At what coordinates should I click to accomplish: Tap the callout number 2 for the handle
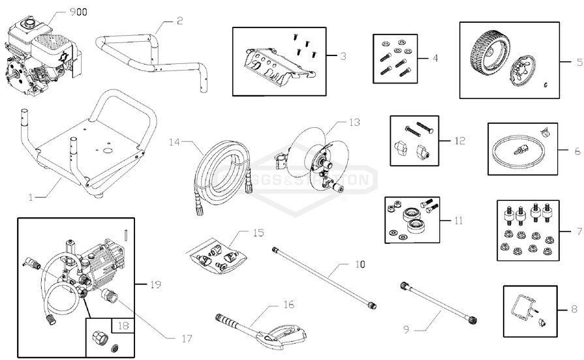point(179,21)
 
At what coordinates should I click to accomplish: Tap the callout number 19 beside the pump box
point(155,284)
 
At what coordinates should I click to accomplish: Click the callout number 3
point(343,56)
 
